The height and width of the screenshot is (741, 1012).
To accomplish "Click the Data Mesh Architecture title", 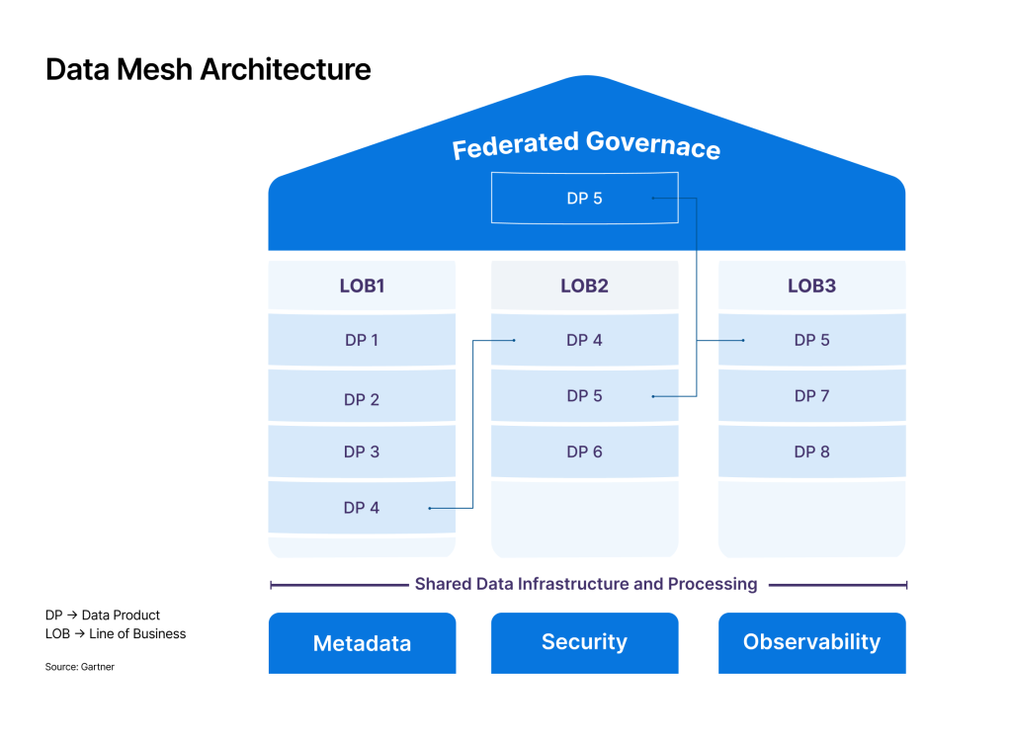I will point(209,69).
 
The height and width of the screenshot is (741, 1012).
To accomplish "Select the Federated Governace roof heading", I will point(586,145).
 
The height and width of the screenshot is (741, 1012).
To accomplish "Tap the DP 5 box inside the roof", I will point(584,199).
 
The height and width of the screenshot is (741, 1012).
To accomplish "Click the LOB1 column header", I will point(362,286).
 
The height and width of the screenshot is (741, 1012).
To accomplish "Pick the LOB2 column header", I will point(584,286).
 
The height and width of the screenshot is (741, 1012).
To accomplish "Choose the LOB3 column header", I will point(811,286).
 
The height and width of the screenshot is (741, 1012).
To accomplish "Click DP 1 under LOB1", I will point(362,340).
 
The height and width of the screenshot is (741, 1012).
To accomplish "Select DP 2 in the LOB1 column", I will point(362,399).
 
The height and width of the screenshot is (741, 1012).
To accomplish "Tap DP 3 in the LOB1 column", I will point(362,452).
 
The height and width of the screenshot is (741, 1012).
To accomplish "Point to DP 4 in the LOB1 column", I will point(362,508).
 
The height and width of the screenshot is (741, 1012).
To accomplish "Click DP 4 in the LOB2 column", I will point(584,340).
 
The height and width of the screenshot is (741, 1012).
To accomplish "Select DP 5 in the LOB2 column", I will point(584,396).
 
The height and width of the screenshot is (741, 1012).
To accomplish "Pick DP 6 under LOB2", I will point(584,452).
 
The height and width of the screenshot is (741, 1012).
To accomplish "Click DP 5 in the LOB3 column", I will point(811,340).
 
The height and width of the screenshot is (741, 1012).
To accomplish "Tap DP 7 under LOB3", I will point(811,396).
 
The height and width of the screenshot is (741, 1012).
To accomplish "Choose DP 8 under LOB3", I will point(811,452).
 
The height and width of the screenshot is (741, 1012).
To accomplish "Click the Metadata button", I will point(362,643).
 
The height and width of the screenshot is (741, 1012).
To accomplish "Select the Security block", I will point(584,642).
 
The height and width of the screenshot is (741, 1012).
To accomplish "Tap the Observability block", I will point(811,642).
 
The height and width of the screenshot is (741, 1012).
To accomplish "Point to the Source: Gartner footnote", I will point(80,667).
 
